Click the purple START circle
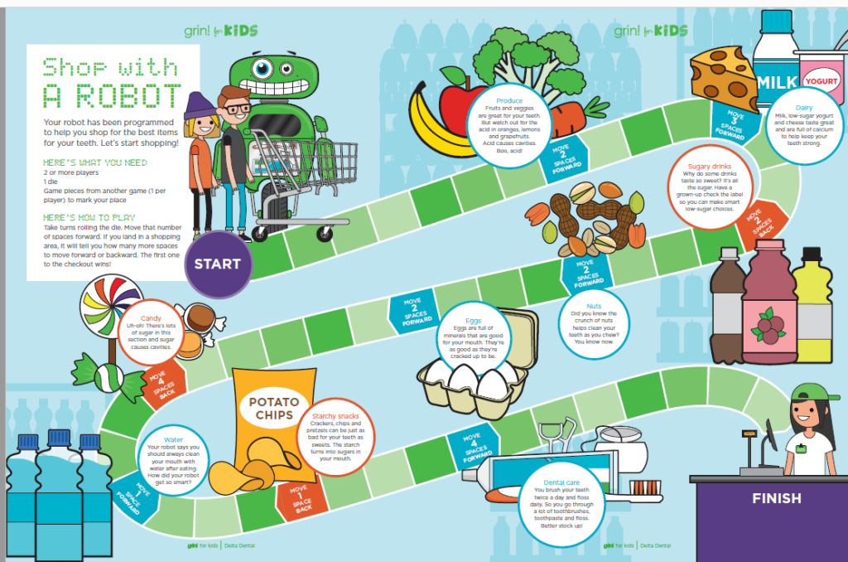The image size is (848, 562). coord(218,264)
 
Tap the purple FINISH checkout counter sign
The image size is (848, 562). coord(776,498)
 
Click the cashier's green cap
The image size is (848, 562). coord(807,392)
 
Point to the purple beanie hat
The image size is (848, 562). coord(198,106)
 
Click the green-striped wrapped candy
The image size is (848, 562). coord(104,373)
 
